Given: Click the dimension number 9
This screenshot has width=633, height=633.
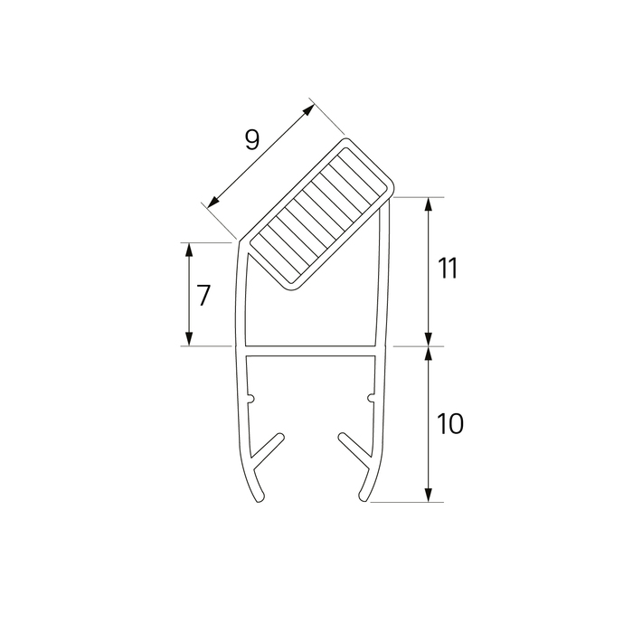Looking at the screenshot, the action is point(252,140).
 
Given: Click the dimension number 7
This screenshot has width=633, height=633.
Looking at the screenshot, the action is point(203,295).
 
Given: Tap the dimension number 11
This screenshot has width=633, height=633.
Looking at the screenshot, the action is point(449,268).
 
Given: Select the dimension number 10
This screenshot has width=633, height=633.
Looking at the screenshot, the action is point(449,423).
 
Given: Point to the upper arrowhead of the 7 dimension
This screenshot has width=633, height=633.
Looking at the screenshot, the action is point(188,250).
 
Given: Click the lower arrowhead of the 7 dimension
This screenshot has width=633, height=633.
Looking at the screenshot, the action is point(188,339).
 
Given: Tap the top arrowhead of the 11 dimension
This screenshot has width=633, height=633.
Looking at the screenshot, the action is point(429,204).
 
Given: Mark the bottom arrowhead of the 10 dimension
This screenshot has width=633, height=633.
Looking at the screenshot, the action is point(429,495).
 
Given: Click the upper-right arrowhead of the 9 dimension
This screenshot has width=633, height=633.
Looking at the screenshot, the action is point(308,109).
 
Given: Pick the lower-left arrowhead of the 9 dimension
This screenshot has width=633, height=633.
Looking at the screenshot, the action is point(213,202).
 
